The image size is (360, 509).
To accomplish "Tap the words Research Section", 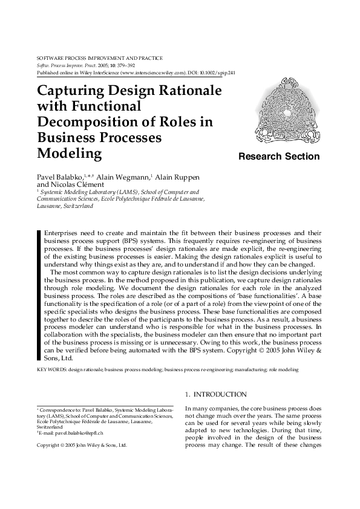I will click(x=279, y=157).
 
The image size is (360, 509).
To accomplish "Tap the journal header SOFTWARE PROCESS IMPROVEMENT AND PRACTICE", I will click(x=100, y=57).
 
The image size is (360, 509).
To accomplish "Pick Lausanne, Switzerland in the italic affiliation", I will click(x=65, y=206).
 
